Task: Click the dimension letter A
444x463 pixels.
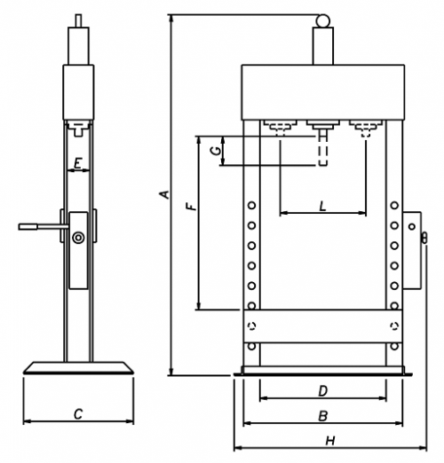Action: (165, 194)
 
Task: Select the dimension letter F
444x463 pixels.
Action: (192, 206)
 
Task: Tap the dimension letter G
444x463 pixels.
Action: (216, 151)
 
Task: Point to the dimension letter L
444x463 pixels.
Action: (322, 206)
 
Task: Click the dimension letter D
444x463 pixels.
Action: (323, 391)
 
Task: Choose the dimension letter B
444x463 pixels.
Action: (323, 416)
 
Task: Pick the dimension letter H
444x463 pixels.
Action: (330, 441)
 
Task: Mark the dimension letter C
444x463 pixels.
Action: (78, 414)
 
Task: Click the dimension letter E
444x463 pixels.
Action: (78, 163)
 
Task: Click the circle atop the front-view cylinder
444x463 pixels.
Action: (322, 20)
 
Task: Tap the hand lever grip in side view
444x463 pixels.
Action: (28, 227)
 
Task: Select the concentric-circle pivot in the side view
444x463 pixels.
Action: (78, 238)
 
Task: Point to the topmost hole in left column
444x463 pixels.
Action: (251, 205)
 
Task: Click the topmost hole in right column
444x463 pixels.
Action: (394, 205)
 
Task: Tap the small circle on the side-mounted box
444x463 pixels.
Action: (412, 227)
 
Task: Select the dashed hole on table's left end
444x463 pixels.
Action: (251, 326)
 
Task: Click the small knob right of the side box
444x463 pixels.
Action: (424, 239)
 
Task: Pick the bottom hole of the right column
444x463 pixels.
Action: (394, 346)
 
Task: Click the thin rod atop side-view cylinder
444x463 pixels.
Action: (78, 20)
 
